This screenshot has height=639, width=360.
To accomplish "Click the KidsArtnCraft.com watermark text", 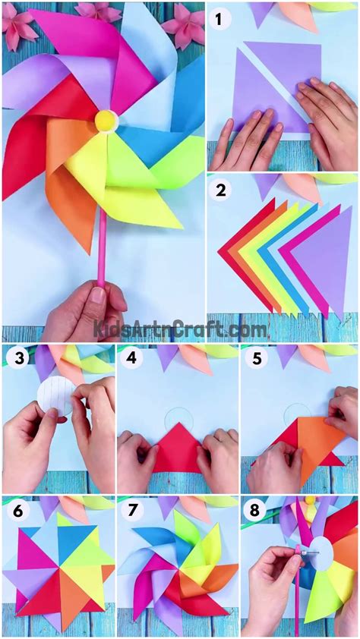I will [180, 329].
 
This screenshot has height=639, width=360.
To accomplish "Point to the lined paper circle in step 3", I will [55, 396].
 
